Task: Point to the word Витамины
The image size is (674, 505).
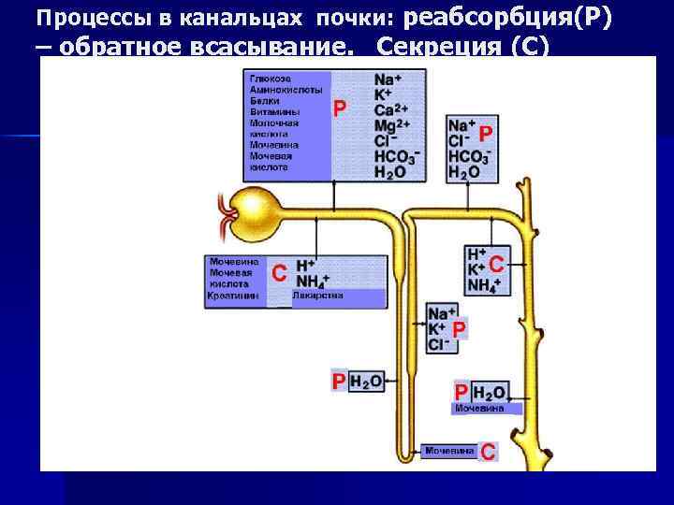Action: [271, 111]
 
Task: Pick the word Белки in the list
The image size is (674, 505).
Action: [263, 100]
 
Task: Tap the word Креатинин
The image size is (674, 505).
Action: [233, 296]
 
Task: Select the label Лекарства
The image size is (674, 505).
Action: [317, 296]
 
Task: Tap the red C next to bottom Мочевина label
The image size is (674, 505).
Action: [488, 452]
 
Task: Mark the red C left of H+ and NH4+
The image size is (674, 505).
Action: [279, 272]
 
